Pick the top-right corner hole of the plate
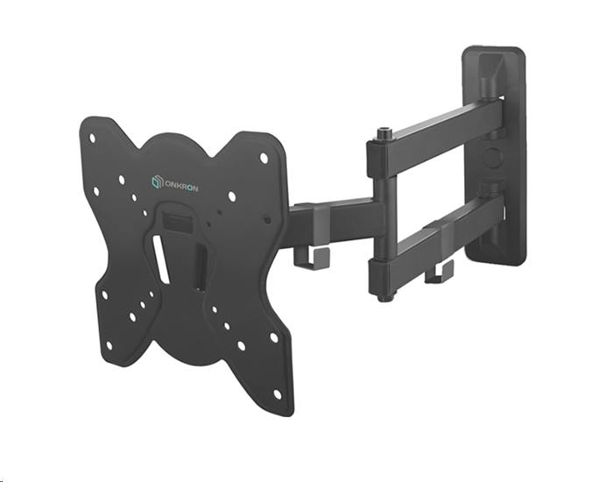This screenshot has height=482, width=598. click(x=264, y=158)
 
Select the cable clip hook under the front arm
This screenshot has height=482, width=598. click(x=302, y=257)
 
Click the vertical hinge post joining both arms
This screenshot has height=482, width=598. click(x=382, y=215)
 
